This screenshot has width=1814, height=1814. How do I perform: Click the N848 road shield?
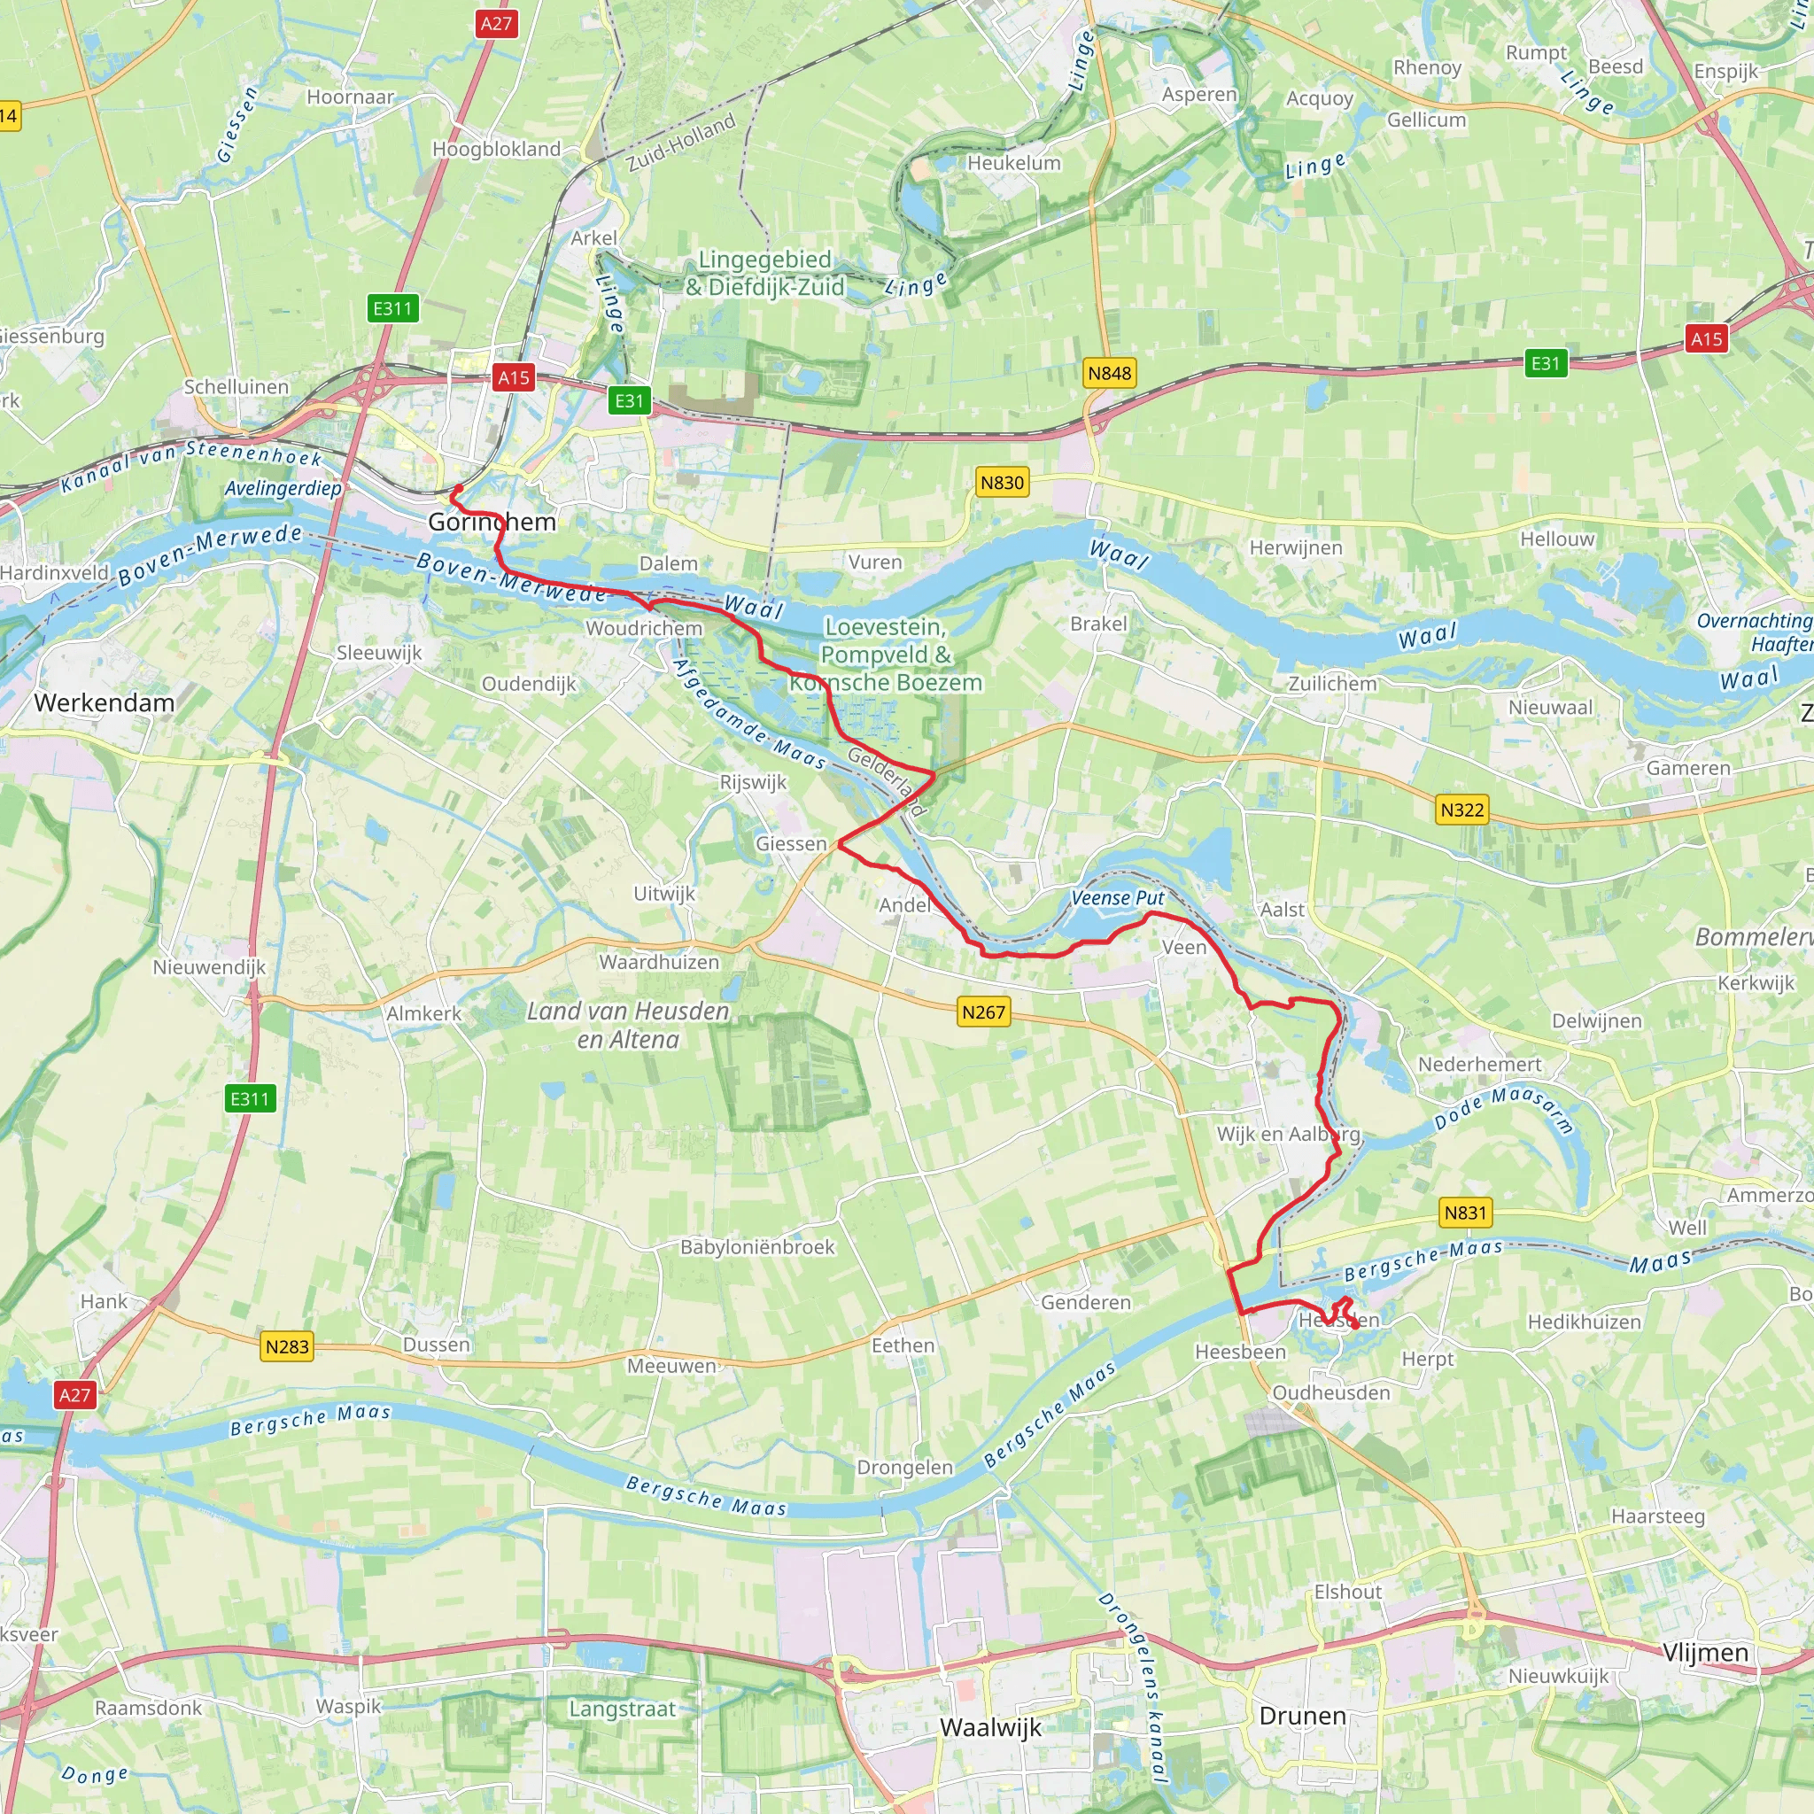coord(1109,373)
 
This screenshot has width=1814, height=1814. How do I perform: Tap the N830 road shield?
coord(1002,483)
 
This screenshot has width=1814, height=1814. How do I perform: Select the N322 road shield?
coord(1461,810)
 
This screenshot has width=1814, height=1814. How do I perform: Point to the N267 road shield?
coord(983,1012)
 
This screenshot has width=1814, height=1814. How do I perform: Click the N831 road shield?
coord(1466,1213)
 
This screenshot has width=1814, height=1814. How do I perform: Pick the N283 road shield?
coord(286,1346)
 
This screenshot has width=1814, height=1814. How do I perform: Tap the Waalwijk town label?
coord(990,1727)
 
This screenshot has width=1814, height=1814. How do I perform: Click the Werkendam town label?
coord(105,703)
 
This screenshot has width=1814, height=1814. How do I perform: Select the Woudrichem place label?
coord(644,628)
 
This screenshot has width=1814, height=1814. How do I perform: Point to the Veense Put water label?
coord(1117,897)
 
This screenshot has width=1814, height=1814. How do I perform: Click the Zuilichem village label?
coord(1331,684)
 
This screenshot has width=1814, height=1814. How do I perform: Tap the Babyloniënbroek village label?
coord(756,1247)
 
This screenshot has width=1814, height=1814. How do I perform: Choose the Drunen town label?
coord(1302,1716)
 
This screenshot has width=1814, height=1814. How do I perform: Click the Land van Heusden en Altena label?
coord(627,1026)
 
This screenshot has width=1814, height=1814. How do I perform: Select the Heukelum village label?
coord(1014,163)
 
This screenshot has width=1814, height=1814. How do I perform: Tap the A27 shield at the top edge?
coord(496,24)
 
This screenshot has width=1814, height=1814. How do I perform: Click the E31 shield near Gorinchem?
coord(629,401)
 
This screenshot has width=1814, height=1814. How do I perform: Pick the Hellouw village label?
coord(1557,539)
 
